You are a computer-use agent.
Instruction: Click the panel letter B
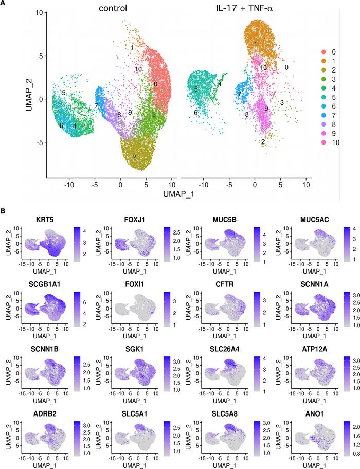[4, 211]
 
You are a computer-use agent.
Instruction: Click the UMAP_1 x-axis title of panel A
[178, 195]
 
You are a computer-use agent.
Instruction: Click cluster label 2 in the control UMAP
[134, 157]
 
